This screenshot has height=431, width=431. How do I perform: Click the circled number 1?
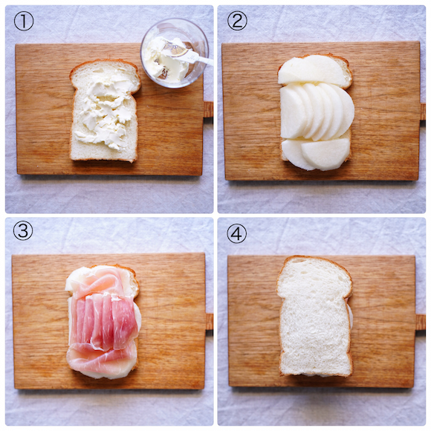[x=24, y=21]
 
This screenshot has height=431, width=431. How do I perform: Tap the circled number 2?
[x=237, y=20]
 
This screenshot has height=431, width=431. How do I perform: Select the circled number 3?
[x=23, y=230]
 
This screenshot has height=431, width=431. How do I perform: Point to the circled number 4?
[x=236, y=233]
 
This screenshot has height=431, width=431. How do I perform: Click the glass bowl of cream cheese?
[x=175, y=53]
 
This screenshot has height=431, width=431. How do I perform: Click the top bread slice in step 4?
[x=314, y=316]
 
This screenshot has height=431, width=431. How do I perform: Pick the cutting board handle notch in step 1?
[x=208, y=110]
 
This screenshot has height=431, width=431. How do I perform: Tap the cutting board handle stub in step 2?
[x=423, y=111]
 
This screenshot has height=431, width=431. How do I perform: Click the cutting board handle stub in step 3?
[x=210, y=322]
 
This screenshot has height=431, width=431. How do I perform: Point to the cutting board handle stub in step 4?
[x=421, y=323]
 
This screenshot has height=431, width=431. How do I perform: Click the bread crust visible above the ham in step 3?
[x=132, y=278]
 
